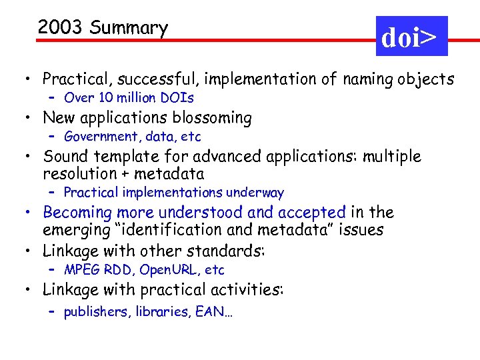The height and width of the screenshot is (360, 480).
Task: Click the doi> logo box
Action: click(411, 37)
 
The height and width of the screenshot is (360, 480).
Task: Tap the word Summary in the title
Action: click(129, 29)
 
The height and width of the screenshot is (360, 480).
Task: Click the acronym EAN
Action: click(212, 311)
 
